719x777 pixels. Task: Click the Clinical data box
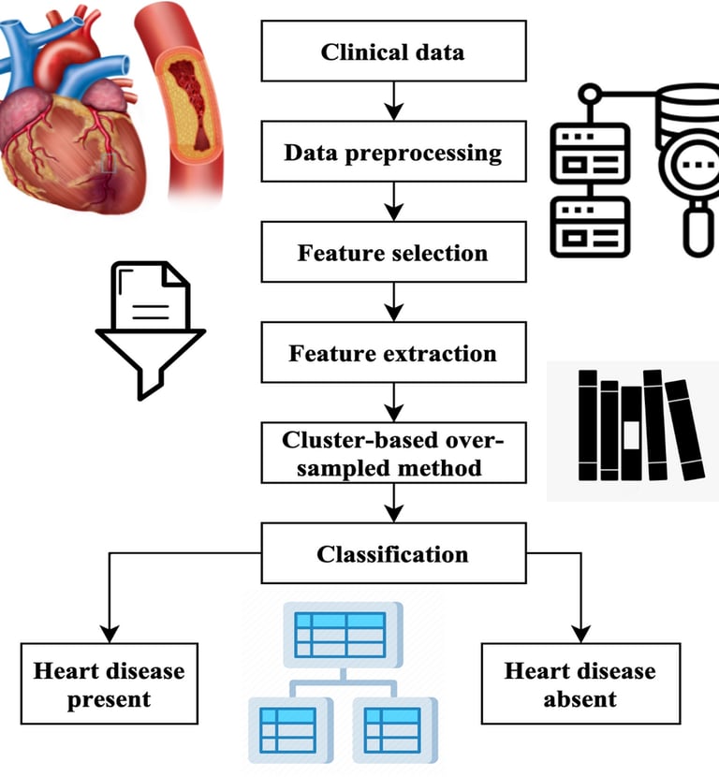393,51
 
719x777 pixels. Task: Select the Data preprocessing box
393,153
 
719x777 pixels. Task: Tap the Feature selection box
393,254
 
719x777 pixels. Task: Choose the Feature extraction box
393,354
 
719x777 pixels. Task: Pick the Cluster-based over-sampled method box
393,454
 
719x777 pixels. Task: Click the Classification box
393,554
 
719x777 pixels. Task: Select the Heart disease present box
110,683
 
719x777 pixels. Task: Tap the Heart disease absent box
580,683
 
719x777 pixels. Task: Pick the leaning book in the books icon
684,431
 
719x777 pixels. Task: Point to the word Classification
393,554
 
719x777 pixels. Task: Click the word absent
580,698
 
